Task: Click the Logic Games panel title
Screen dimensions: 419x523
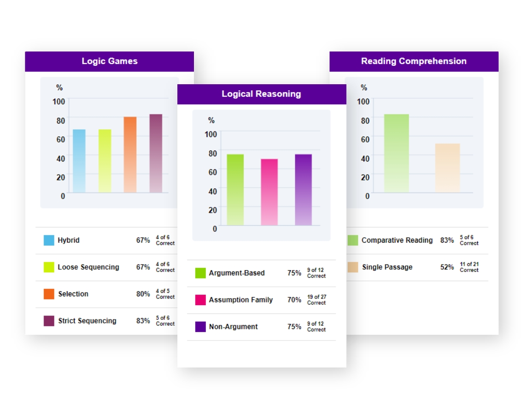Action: [109, 61]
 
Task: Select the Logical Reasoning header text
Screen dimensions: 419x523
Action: [261, 94]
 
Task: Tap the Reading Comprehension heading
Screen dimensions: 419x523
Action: [414, 61]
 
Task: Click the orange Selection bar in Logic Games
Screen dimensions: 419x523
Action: [130, 155]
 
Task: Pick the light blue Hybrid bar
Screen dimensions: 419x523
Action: [79, 161]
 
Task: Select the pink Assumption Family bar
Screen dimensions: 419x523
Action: [269, 192]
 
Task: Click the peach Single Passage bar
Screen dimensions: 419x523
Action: [447, 168]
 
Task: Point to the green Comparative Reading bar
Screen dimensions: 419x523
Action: [396, 153]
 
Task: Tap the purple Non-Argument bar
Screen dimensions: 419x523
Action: [303, 190]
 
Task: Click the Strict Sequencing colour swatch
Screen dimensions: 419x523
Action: [49, 321]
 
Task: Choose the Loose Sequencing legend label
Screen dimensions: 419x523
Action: [88, 267]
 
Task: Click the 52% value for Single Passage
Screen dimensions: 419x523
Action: [447, 267]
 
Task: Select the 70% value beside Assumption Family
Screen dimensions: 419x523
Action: [294, 300]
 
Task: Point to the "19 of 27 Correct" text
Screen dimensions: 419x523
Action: [316, 300]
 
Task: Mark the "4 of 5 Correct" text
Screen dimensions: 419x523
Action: [165, 294]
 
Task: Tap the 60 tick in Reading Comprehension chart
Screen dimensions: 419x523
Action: [365, 140]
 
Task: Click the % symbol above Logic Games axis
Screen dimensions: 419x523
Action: [59, 88]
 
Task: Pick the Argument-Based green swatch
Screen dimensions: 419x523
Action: [200, 273]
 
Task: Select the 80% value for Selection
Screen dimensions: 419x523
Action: [143, 294]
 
